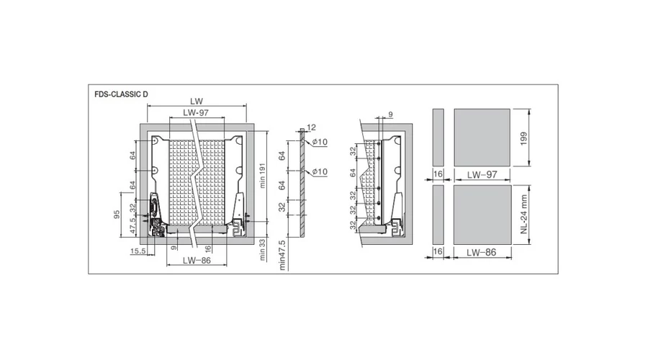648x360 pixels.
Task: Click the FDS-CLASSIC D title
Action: [121, 94]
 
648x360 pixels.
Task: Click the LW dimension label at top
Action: [197, 102]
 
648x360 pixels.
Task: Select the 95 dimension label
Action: [117, 215]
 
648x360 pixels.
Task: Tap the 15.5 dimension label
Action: [138, 251]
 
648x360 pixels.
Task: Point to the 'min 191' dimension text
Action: [262, 176]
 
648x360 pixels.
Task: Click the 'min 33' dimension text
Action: [262, 249]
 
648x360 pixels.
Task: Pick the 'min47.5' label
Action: [282, 256]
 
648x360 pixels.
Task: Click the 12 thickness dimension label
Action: [311, 127]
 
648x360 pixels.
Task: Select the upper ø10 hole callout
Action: [320, 142]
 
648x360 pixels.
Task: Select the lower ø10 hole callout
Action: [320, 171]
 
